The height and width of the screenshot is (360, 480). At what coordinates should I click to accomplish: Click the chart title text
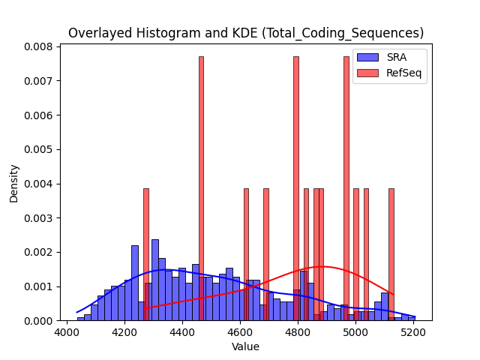point(246,33)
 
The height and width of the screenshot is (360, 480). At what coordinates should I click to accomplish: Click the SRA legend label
point(397,57)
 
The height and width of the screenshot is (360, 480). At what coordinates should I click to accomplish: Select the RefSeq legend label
point(403,73)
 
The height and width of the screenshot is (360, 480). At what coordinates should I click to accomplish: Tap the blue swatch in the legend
point(367,57)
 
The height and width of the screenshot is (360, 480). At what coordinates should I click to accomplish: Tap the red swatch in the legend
point(367,73)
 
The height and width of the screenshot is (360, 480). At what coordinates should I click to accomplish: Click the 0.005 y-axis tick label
point(38,150)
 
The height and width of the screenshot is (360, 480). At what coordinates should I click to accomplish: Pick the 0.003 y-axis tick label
point(38,218)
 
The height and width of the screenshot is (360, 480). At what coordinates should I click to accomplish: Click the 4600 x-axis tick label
point(240,332)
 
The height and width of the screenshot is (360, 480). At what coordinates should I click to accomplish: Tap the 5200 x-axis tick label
point(413,332)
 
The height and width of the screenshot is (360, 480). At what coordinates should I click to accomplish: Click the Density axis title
point(13,184)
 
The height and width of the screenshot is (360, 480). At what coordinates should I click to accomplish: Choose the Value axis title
point(245,346)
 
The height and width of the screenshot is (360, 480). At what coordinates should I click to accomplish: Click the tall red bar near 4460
point(201,188)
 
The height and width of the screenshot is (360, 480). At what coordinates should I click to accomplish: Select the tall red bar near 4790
point(296,188)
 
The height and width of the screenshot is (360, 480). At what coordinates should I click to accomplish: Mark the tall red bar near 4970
point(346,188)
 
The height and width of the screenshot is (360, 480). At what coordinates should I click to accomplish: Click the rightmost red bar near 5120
point(391,254)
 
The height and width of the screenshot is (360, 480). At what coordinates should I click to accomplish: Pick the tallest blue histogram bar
point(155,280)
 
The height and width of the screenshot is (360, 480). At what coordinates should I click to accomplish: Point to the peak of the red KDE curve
point(322,266)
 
